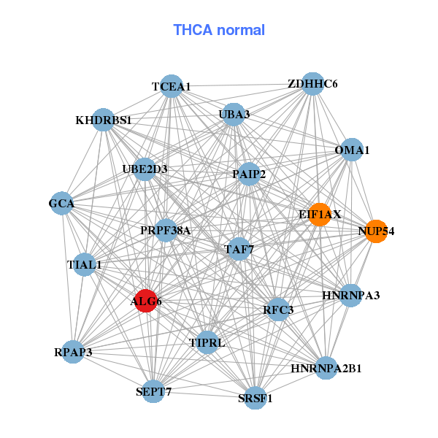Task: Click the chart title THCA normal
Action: pos(218,30)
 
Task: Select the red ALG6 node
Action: pos(146,301)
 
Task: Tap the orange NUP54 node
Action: pos(375,231)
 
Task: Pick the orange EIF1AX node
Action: pos(320,214)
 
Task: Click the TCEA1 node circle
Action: pos(171,86)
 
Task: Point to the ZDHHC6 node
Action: pos(312,83)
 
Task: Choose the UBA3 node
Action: pos(234,114)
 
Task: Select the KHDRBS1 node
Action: pos(104,120)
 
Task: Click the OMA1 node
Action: pos(352,150)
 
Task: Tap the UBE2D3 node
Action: pos(145,169)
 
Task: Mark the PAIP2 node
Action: pos(249,174)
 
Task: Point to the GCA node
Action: pos(62,204)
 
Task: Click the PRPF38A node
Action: pos(166,231)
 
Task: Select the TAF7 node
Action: pos(239,249)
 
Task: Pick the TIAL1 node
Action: pos(85,264)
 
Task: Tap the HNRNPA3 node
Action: pos(350,295)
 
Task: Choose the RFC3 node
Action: pos(278,310)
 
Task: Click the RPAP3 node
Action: pos(73,352)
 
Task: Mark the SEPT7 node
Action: pos(153,392)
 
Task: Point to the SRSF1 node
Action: pos(255,398)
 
